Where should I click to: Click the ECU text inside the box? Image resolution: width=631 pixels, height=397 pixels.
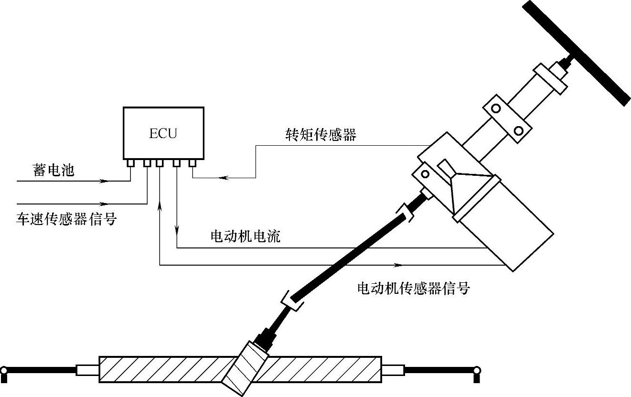[163, 133]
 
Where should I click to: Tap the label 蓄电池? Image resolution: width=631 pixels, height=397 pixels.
[54, 171]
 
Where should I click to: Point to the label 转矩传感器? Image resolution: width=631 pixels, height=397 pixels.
[321, 135]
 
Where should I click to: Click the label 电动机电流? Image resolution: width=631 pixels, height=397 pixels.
[245, 236]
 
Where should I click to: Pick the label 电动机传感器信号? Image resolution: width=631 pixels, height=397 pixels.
[414, 288]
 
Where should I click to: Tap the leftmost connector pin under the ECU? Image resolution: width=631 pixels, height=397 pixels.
[130, 163]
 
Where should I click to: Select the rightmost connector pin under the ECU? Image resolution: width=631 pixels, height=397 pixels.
[192, 163]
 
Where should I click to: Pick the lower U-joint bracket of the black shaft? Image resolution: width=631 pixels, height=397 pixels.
[292, 301]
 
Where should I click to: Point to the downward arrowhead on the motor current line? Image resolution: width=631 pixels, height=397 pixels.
[177, 230]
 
